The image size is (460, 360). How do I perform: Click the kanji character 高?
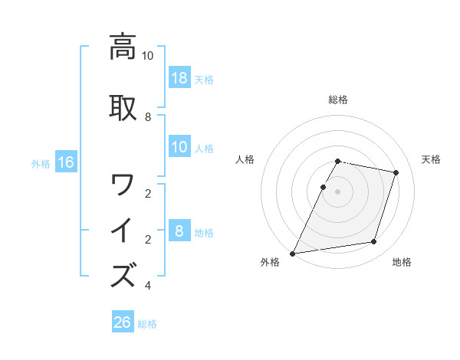pos(123,47)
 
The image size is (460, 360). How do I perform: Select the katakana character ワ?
pos(123,185)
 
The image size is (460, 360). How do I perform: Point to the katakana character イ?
pos(123,231)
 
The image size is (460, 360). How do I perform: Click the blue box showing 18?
pos(179,78)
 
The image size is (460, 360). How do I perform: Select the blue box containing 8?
pos(179,231)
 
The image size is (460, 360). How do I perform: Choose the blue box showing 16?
pos(66,162)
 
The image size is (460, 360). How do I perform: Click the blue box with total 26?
pos(123,322)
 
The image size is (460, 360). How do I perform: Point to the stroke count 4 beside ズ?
pos(148,286)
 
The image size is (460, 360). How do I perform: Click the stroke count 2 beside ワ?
pos(148,193)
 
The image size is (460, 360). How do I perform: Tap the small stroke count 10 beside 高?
pos(148,56)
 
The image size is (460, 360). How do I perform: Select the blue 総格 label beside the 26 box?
pos(147,324)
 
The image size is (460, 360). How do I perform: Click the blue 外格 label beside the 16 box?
pos(41,163)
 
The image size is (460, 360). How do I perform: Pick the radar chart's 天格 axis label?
pos(431,159)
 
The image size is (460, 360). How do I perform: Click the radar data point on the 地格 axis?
pos(374,242)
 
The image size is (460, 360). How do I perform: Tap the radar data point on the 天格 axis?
pos(396,172)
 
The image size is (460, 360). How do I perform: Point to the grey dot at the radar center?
pos(337,191)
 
